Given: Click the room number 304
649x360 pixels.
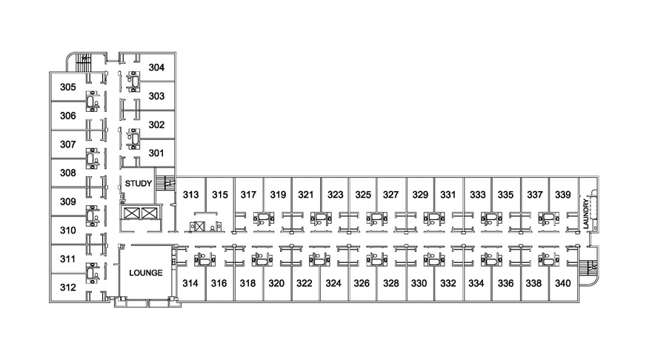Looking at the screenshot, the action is (x=156, y=67).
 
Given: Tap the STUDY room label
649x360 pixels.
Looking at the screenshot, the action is (x=139, y=183).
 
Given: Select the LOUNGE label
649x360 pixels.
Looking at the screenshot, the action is (x=146, y=273).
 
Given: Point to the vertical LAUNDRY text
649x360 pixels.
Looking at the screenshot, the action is (x=585, y=214).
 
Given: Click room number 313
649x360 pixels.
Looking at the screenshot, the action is (x=191, y=195).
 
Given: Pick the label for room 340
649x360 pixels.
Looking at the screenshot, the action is (x=563, y=284).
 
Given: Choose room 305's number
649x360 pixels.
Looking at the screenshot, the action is (x=68, y=87).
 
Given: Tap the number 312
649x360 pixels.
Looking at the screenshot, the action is (x=68, y=287).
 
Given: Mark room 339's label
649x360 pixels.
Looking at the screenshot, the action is (x=563, y=195).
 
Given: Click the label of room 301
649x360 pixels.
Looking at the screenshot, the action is (x=156, y=153).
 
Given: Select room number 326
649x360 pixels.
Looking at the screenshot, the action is (x=362, y=284).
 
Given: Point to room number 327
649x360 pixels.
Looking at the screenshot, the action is (x=390, y=195).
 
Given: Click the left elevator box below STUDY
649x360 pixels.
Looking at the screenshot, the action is (x=131, y=213).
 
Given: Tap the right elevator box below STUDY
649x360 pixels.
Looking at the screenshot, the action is (x=147, y=213).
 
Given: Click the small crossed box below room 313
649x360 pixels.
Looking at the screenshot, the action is (x=200, y=227).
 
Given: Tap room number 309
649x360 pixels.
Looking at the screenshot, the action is (x=68, y=202).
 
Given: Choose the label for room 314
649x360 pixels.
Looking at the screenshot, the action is (x=190, y=284).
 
